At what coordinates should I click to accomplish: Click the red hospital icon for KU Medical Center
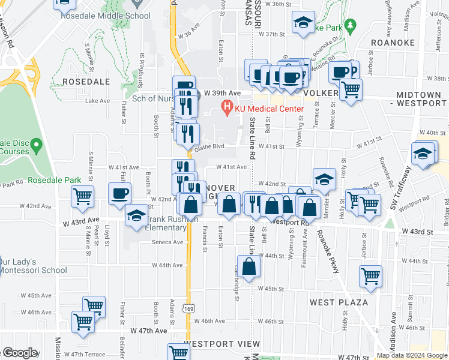pos(227,108)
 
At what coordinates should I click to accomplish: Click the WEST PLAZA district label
pos(334,302)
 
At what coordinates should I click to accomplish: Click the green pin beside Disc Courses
pos(36,145)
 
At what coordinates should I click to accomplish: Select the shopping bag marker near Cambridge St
pos(249,267)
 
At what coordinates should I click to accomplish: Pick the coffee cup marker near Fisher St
pos(120,193)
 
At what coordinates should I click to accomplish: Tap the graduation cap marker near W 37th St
pos(304,23)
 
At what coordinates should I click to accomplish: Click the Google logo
pos(19,353)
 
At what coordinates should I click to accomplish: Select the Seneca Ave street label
pos(169,242)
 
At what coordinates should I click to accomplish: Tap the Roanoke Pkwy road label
pos(328,253)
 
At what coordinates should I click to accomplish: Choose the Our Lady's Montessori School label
pos(33,266)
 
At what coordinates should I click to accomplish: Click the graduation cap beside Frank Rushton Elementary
pos(136,217)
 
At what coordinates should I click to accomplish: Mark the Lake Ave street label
pos(98,101)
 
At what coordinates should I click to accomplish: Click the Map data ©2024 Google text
pos(412,355)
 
